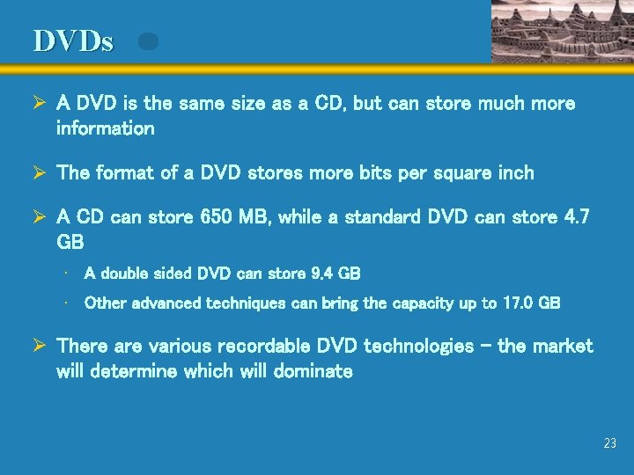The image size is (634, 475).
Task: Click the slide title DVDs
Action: (x=73, y=41)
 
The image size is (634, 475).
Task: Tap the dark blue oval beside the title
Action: (x=149, y=41)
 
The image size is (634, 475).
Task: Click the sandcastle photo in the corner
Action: (x=562, y=31)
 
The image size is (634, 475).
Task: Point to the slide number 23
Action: (x=610, y=444)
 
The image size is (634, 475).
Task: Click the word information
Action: (x=105, y=128)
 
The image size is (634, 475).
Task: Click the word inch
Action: (x=515, y=172)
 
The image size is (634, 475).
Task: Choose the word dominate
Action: (x=311, y=371)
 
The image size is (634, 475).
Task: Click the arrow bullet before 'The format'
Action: (x=39, y=172)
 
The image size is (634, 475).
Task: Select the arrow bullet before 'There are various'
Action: (x=39, y=346)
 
